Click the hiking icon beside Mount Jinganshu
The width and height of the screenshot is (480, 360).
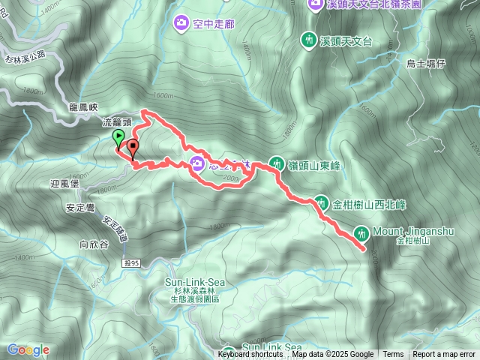point(362,234)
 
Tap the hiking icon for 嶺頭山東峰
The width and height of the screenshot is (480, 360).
point(276,163)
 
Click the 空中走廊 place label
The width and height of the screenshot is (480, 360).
point(214,24)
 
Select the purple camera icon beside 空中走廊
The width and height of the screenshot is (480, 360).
point(181,23)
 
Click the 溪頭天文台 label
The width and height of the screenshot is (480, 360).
point(346,40)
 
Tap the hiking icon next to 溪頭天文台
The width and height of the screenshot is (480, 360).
point(308,39)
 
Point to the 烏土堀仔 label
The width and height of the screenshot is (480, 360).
point(426,65)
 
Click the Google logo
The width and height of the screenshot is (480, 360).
point(28,349)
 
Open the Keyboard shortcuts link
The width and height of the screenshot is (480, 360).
point(250,355)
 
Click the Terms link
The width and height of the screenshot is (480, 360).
point(393,355)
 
